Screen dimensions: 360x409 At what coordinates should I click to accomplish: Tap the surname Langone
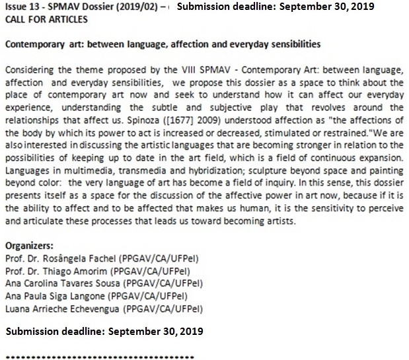(x=84, y=295)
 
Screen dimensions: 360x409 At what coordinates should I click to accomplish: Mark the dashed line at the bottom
(x=99, y=357)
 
